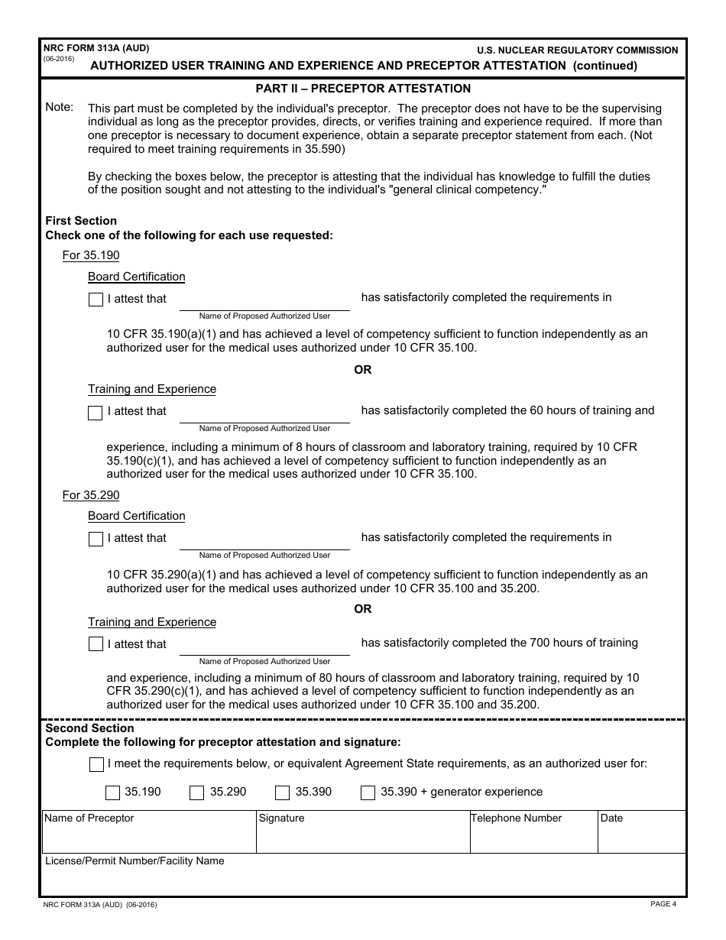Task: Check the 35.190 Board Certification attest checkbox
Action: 96,300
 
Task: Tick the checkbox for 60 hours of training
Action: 96,413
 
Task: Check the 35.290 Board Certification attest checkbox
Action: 96,540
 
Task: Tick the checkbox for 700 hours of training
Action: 96,644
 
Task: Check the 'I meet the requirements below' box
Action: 96,764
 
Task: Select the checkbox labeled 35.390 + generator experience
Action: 368,793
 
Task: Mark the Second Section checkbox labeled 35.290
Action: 196,793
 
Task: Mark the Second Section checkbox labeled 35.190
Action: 112,793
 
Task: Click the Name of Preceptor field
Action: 149,838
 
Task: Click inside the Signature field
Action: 362,838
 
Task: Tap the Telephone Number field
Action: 533,838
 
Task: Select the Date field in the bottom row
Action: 641,838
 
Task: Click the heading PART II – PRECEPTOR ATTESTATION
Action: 363,89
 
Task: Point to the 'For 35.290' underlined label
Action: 91,495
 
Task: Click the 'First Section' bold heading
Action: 81,221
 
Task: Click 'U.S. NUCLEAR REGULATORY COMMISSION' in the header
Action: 577,50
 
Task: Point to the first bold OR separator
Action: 363,370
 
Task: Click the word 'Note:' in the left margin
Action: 60,107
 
